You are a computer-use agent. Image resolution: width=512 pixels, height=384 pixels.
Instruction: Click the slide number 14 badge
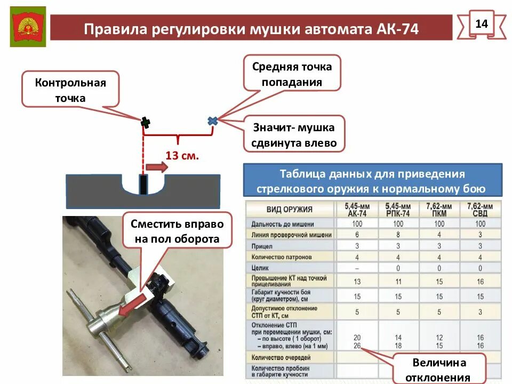click(481, 24)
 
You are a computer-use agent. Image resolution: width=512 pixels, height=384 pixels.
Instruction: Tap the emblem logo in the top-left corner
click(28, 27)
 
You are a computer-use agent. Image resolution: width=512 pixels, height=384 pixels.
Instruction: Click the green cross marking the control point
click(145, 123)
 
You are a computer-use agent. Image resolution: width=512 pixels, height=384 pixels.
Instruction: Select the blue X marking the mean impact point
click(212, 121)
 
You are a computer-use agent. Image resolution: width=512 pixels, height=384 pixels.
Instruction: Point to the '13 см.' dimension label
click(182, 156)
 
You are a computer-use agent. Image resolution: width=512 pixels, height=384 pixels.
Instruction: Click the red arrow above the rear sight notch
click(157, 167)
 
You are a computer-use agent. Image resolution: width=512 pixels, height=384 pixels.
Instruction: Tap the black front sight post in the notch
click(143, 184)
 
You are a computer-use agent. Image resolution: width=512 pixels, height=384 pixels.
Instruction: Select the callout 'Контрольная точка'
click(70, 90)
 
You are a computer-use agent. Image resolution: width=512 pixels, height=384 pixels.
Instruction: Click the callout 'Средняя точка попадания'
click(292, 74)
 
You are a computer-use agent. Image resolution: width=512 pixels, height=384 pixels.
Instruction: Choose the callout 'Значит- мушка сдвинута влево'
click(294, 135)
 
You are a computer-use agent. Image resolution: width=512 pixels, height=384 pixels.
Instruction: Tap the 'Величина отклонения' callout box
click(439, 370)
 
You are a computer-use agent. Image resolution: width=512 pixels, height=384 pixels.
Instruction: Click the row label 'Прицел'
click(262, 246)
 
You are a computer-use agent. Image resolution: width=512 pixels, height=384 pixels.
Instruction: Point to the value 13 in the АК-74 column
click(357, 281)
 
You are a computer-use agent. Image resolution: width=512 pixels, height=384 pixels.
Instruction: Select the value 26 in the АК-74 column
click(357, 345)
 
